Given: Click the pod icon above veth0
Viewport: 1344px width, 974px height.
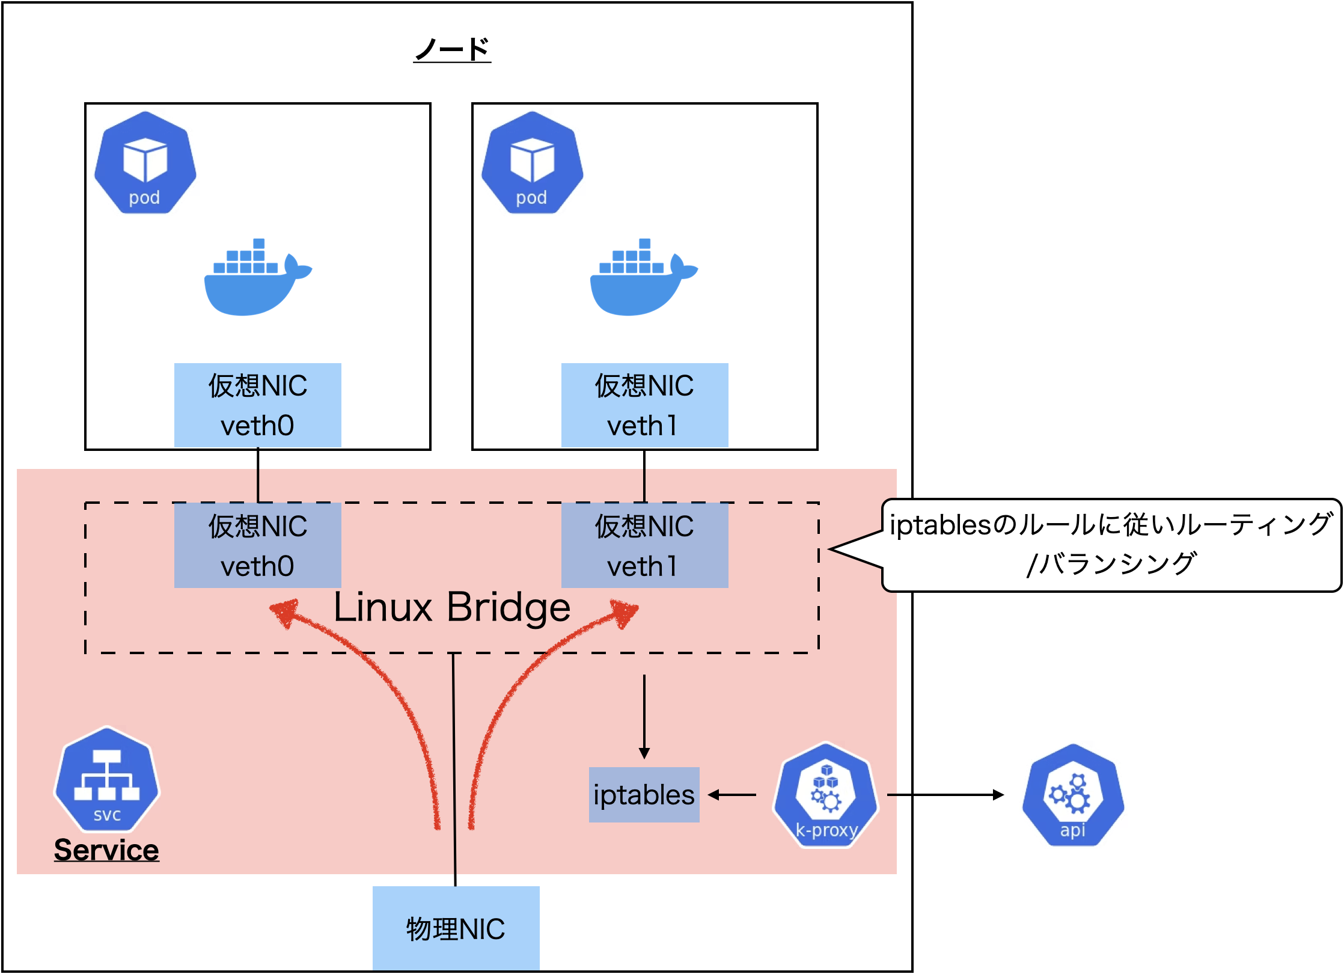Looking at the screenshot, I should (145, 162).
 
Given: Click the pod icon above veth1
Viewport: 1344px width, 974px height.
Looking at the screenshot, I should (532, 162).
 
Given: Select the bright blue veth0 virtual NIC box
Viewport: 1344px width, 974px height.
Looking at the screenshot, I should (258, 405).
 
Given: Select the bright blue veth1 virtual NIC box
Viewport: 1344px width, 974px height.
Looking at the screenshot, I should (644, 405).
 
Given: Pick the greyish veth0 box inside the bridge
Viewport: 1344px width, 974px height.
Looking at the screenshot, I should (258, 545).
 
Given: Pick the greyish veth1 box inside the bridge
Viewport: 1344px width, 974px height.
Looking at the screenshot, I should (644, 545).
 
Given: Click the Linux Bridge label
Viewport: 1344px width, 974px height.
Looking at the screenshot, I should (452, 607).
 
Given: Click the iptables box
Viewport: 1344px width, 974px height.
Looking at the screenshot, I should (644, 795).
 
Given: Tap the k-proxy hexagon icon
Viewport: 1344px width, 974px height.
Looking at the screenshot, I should (826, 795).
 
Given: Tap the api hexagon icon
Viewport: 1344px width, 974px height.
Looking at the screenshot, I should (1073, 795).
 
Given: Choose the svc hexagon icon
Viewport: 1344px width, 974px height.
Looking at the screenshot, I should (107, 779).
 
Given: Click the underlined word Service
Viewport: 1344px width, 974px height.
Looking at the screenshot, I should (106, 850).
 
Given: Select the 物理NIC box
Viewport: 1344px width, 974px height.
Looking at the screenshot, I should (456, 928).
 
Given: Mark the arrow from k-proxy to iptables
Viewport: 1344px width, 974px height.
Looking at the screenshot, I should (732, 795).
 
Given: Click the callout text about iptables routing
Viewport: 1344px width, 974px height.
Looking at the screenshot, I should (1111, 545).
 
